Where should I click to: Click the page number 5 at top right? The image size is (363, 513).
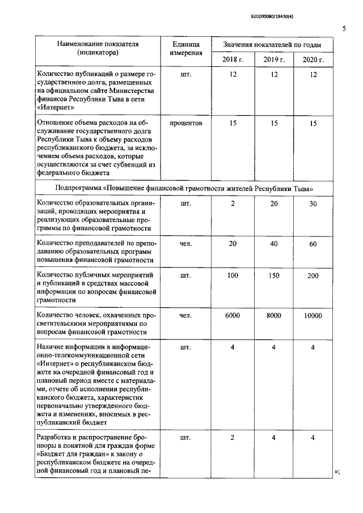pos(344,28)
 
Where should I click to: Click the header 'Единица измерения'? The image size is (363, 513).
pos(185,49)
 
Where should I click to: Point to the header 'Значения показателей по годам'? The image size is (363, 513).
pos(272,44)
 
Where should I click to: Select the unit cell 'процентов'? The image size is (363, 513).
pos(185,122)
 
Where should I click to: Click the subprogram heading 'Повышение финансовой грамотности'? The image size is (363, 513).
pos(184,188)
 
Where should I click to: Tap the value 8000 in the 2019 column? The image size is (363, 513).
pos(273,315)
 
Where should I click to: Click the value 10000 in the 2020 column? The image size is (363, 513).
pos(313,315)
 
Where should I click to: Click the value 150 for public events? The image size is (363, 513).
pos(273,275)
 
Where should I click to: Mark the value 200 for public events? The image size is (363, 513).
pos(313,275)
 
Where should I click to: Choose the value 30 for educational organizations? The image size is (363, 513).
pos(313,203)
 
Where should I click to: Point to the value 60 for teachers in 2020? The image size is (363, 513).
pos(313,243)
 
